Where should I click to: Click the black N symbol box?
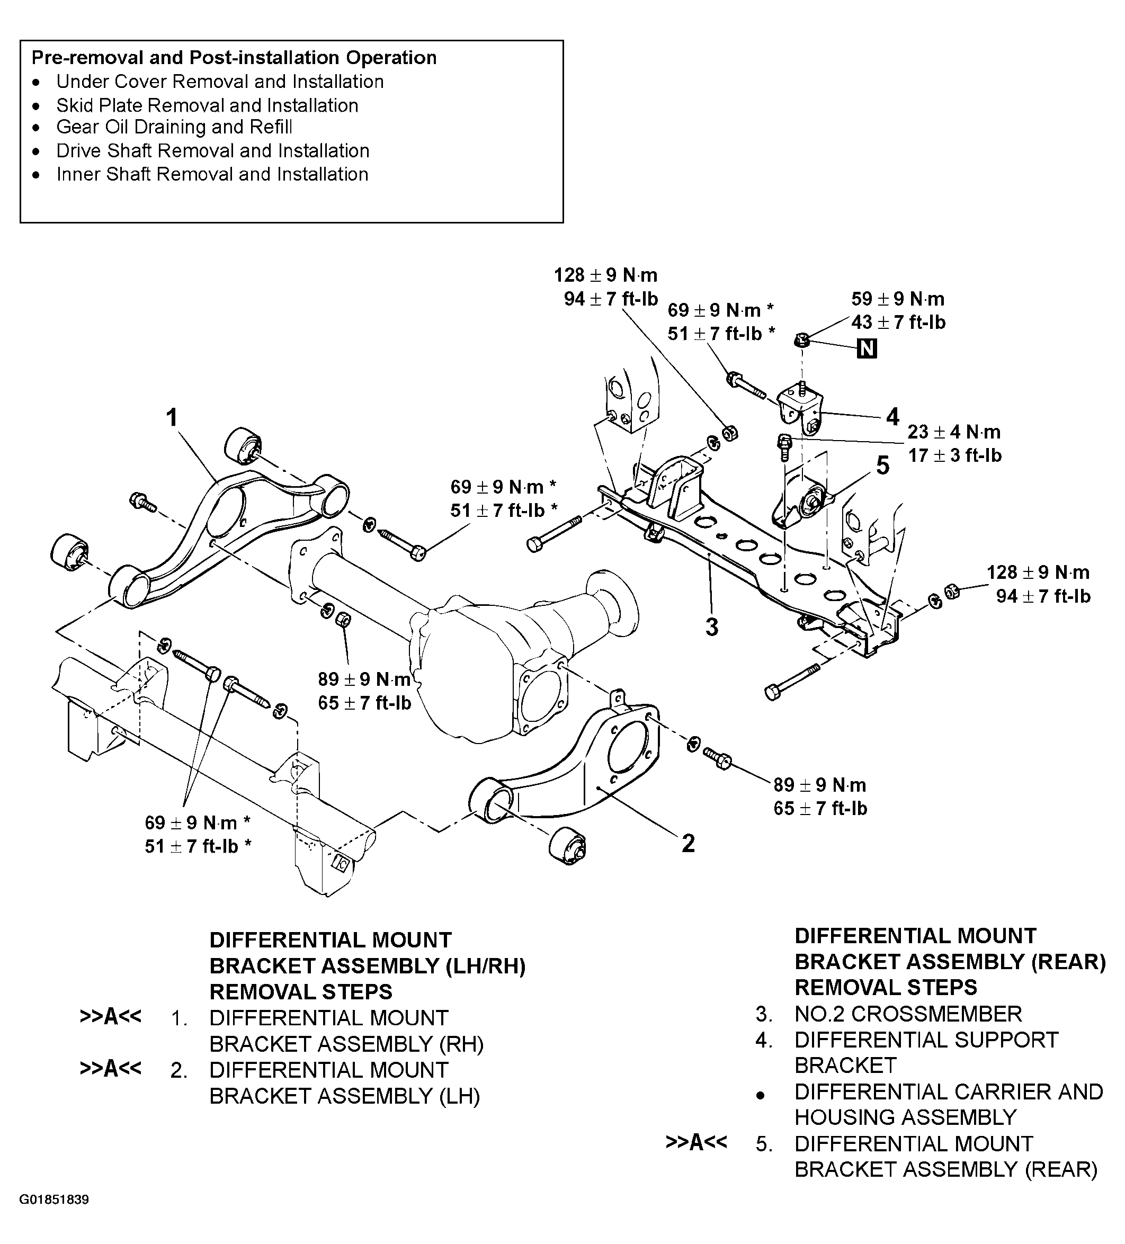[x=867, y=349]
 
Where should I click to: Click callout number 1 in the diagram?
[x=172, y=418]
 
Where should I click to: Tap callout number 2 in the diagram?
[x=688, y=843]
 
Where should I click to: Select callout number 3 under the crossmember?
[x=711, y=627]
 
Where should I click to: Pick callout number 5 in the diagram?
[x=882, y=466]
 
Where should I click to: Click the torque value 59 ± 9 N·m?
[x=898, y=299]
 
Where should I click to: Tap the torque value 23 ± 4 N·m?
[x=954, y=432]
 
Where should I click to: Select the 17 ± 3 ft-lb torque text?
[x=954, y=455]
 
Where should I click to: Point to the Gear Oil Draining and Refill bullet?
[x=174, y=127]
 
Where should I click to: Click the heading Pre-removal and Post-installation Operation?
[x=234, y=57]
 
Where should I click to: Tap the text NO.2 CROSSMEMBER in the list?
[x=908, y=1013]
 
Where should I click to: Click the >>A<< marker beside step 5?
[x=696, y=1142]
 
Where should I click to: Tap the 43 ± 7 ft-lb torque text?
[x=898, y=323]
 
